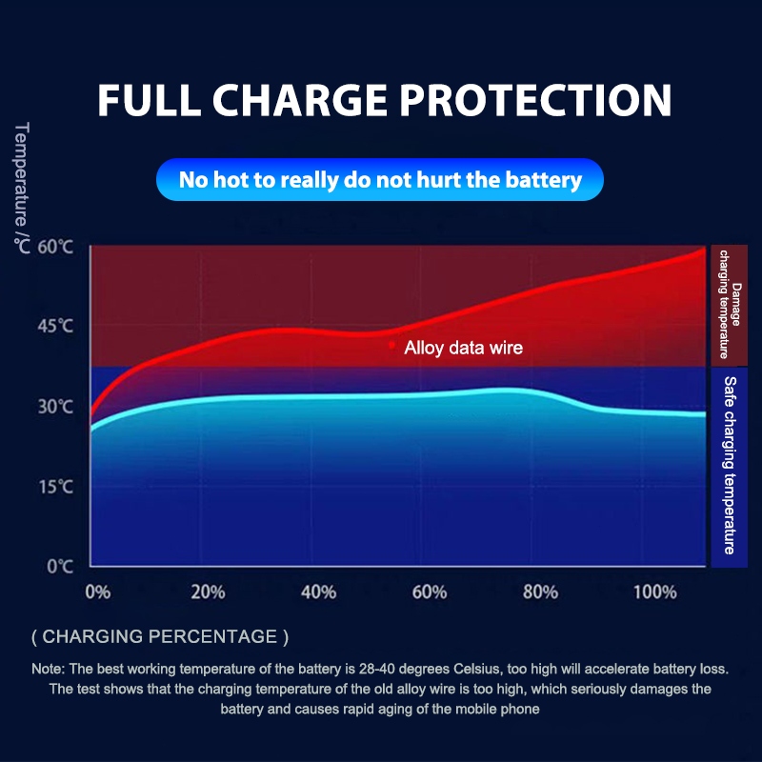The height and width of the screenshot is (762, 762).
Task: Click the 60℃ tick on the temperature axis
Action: click(55, 247)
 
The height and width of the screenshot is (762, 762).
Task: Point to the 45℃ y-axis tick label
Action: click(55, 326)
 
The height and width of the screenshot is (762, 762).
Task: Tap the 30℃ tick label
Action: click(55, 407)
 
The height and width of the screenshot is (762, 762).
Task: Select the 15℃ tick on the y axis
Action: click(55, 487)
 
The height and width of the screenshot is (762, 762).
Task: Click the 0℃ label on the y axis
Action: click(60, 566)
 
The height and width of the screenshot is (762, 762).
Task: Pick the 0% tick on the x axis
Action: click(98, 592)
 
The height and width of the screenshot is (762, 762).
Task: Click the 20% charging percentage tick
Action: click(208, 592)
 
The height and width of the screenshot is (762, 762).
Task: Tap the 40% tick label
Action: click(318, 592)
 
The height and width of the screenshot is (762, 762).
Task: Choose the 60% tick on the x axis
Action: click(430, 592)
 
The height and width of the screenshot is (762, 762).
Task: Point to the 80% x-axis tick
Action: click(540, 592)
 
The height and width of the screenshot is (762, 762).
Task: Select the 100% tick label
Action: click(655, 592)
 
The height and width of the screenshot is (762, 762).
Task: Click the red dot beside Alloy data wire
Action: click(391, 345)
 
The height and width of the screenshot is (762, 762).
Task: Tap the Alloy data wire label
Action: click(463, 348)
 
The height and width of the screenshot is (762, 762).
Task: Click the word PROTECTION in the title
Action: click(535, 100)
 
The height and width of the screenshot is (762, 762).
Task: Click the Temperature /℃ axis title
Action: click(22, 188)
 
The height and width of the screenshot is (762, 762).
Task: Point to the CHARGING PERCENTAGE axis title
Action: click(160, 636)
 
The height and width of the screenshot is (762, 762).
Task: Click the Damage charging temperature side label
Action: click(730, 305)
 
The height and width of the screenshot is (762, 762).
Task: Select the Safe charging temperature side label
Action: click(730, 465)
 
